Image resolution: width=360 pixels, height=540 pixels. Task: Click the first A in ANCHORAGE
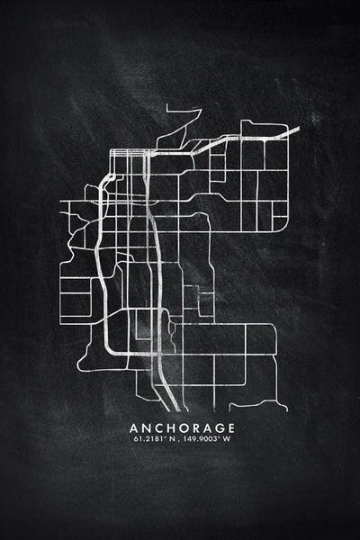tap(134, 427)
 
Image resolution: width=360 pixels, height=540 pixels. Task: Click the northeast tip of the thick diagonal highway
tap(297, 129)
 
